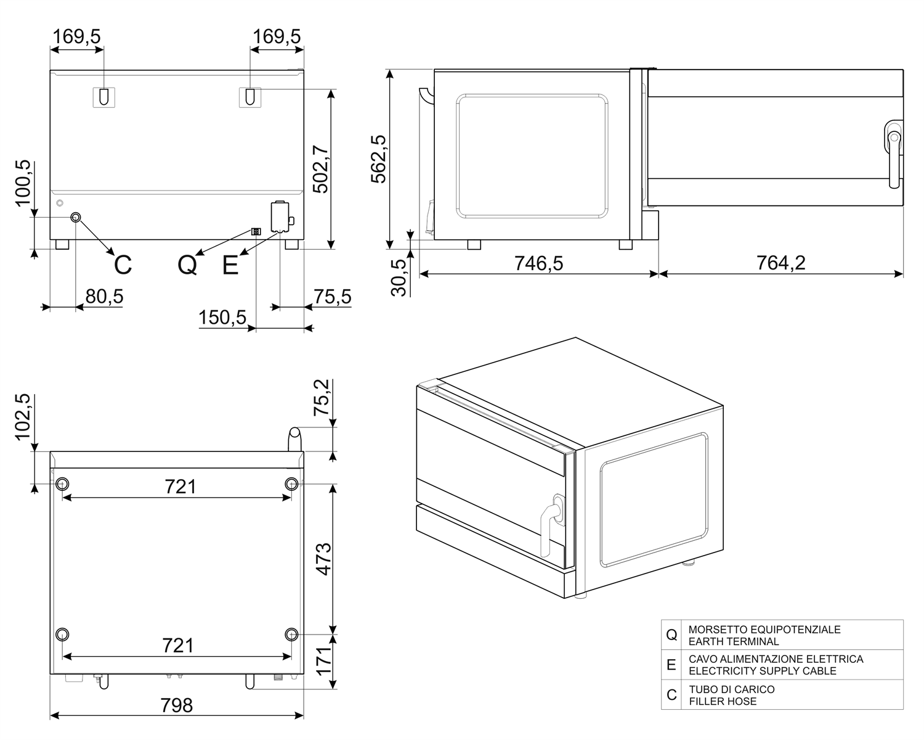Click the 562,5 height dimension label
pyautogui.click(x=379, y=159)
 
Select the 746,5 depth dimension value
pyautogui.click(x=539, y=263)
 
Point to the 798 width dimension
pyautogui.click(x=176, y=705)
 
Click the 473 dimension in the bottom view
pyautogui.click(x=324, y=559)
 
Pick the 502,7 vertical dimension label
pyautogui.click(x=320, y=169)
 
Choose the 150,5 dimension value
pyautogui.click(x=222, y=318)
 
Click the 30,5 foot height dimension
pyautogui.click(x=399, y=277)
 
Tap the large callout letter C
pyautogui.click(x=123, y=265)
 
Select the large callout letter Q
pyautogui.click(x=187, y=265)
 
